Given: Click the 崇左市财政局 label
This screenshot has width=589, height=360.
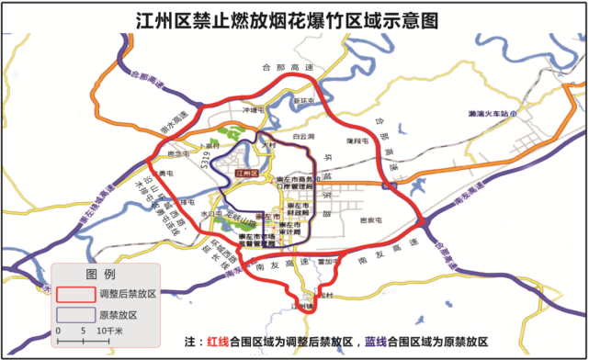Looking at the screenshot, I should [x=299, y=208].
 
